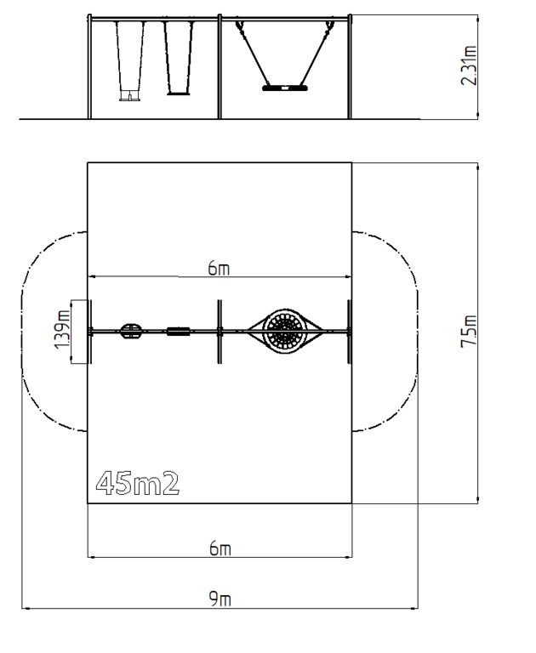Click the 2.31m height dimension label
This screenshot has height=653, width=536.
(x=469, y=65)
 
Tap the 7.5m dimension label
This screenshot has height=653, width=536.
(x=469, y=332)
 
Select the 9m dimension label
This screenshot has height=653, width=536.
(x=220, y=599)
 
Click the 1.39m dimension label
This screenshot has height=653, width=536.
(x=62, y=329)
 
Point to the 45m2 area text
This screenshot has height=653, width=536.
(x=138, y=483)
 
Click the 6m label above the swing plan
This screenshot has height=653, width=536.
(x=219, y=269)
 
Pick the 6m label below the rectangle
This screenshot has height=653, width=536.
(x=220, y=548)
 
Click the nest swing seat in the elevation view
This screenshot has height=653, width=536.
(x=285, y=88)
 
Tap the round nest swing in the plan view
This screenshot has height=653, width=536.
(x=285, y=331)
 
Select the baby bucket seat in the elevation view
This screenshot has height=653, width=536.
(x=130, y=96)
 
